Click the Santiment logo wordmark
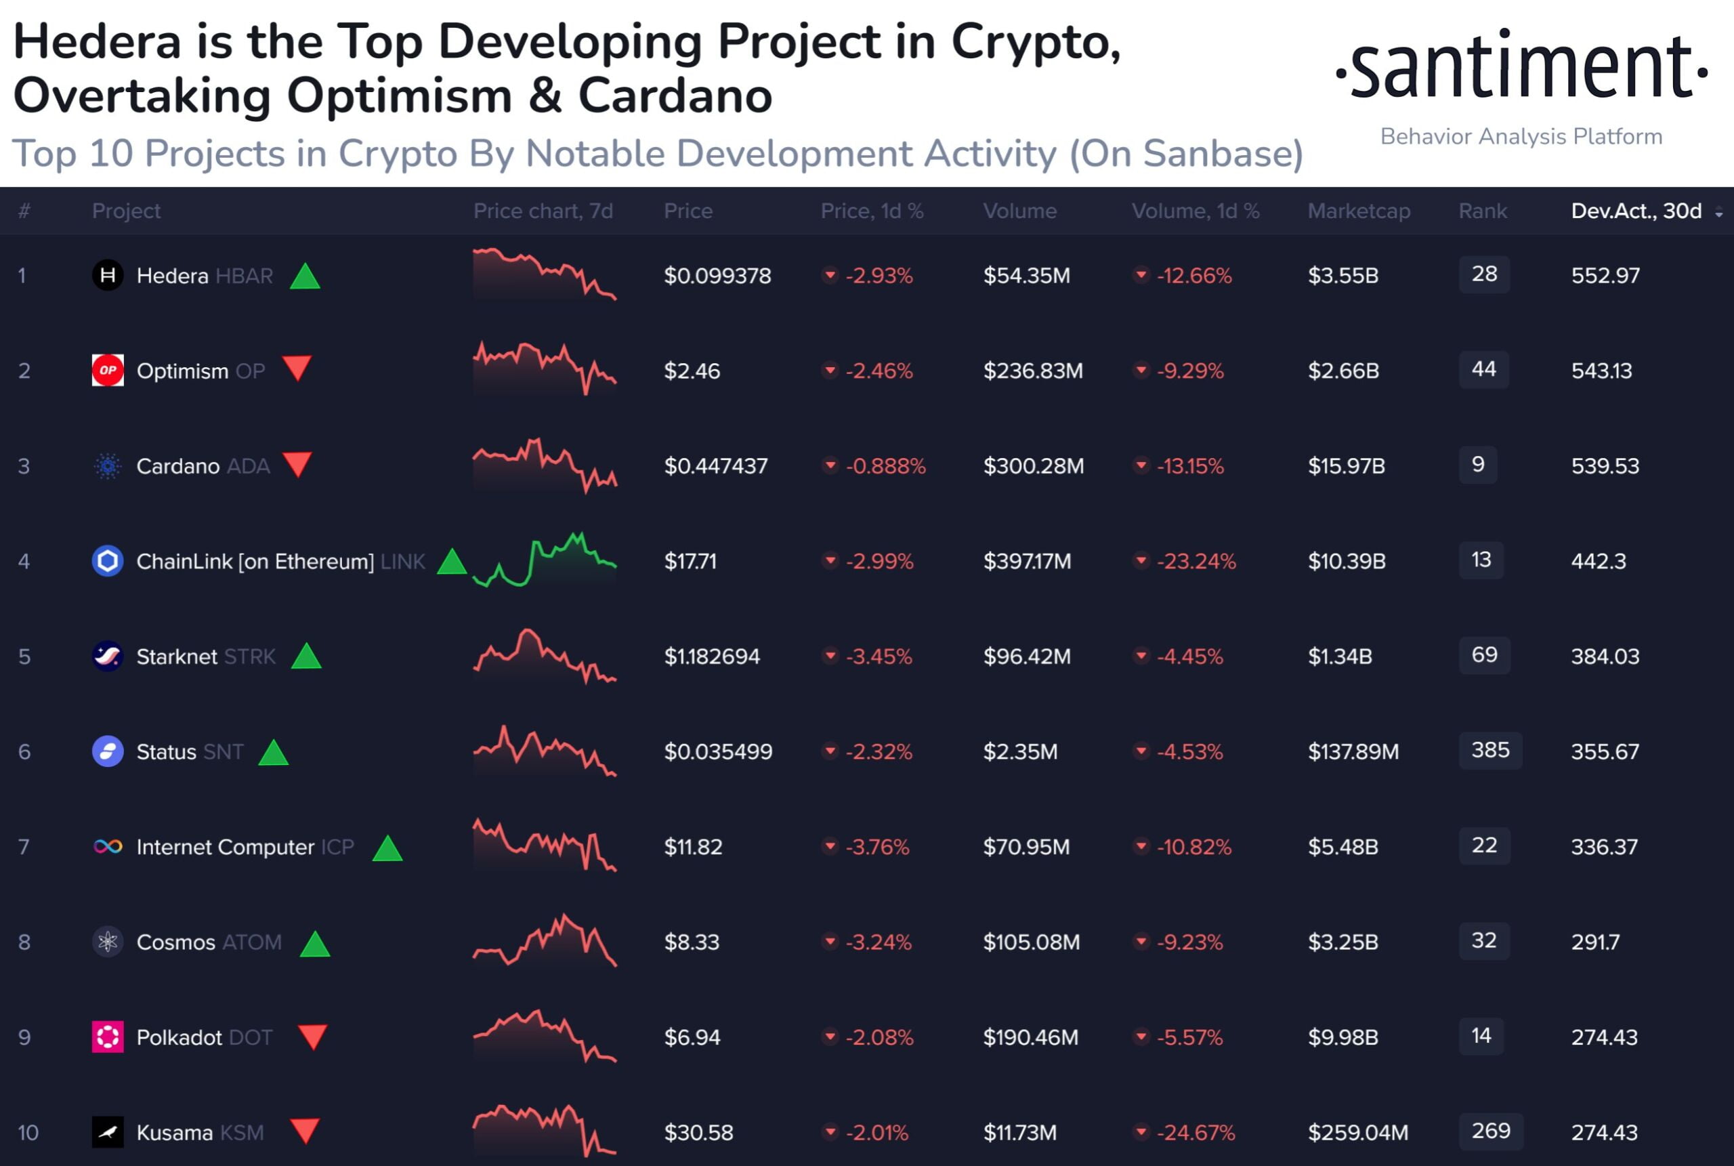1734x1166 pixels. (x=1521, y=67)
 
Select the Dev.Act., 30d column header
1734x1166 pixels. (x=1636, y=211)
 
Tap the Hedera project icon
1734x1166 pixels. (x=108, y=276)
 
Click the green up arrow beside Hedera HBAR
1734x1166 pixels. (x=305, y=276)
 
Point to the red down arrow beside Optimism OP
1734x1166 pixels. (x=297, y=368)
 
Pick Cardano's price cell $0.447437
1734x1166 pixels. (x=715, y=466)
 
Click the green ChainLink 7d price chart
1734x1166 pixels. (x=545, y=561)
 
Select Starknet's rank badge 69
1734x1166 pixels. (x=1484, y=655)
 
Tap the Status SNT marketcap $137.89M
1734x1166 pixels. (x=1353, y=752)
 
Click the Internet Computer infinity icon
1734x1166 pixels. (x=108, y=847)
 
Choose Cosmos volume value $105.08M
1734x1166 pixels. (x=1031, y=942)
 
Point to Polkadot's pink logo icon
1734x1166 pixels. (x=108, y=1037)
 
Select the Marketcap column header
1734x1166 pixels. (x=1359, y=211)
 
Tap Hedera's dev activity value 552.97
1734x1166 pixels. (x=1605, y=276)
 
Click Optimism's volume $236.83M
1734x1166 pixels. (x=1032, y=371)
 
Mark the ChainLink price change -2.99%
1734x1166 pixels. (x=879, y=562)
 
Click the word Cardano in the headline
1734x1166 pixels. (x=675, y=97)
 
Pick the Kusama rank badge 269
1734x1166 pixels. (x=1490, y=1131)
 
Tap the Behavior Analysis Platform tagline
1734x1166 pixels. (x=1521, y=137)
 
